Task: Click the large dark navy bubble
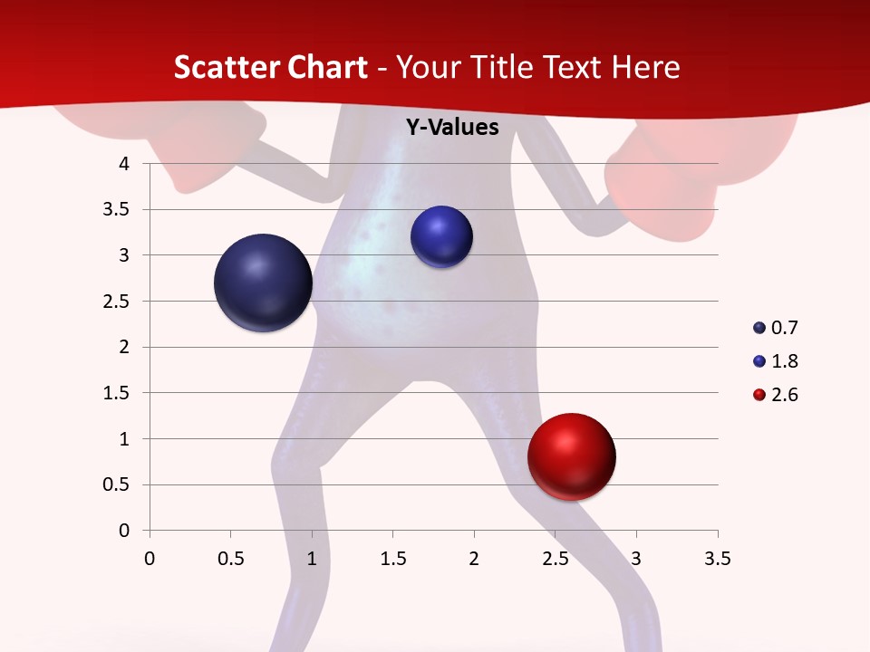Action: point(264,283)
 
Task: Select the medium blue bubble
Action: point(441,237)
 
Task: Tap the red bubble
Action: point(572,457)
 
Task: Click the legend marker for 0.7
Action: point(759,328)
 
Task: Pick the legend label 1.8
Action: point(784,361)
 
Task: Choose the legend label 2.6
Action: point(784,395)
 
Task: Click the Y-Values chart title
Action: point(451,128)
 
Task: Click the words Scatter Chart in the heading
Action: point(270,67)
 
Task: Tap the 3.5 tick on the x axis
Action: point(717,559)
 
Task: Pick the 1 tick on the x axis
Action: point(312,559)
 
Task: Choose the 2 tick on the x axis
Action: point(474,559)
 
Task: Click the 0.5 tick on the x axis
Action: point(230,559)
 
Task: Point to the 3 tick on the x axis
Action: point(636,559)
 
